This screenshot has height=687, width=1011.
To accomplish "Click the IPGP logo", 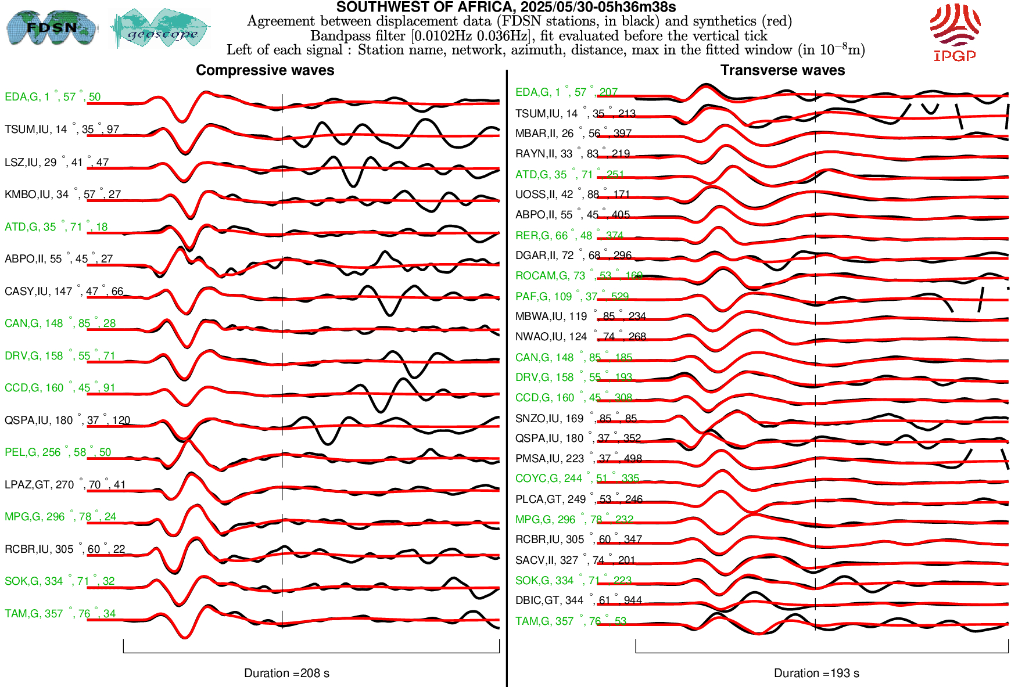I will [x=955, y=32].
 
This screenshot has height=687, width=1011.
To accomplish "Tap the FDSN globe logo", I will [x=51, y=28].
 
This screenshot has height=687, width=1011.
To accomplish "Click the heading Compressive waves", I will [x=265, y=70].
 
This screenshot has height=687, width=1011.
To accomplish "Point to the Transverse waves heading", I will [x=782, y=70].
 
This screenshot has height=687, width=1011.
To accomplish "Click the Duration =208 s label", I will [x=286, y=673].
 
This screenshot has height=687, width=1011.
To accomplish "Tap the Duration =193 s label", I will [x=816, y=673].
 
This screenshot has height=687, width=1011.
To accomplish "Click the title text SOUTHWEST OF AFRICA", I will [x=505, y=7].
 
